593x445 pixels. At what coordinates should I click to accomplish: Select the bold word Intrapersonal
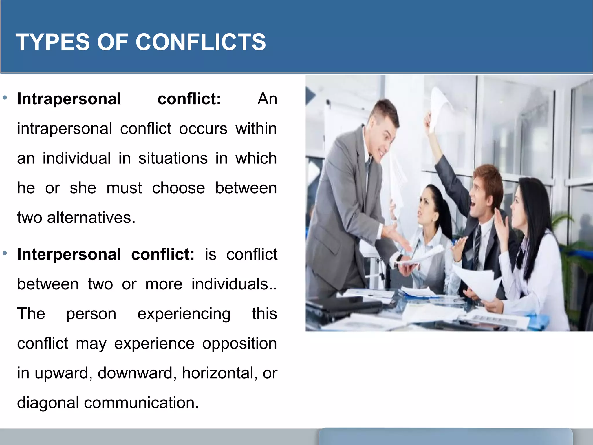pyautogui.click(x=69, y=99)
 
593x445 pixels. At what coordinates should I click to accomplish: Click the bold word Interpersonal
pyautogui.click(x=69, y=254)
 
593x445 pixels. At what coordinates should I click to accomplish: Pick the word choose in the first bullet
pyautogui.click(x=178, y=188)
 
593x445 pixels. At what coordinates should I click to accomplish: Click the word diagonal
pyautogui.click(x=48, y=403)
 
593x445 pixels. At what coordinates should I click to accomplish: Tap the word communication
pyautogui.click(x=141, y=403)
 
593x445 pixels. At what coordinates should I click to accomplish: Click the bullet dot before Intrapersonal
pyautogui.click(x=5, y=98)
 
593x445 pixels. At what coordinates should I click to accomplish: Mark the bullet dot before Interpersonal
pyautogui.click(x=5, y=253)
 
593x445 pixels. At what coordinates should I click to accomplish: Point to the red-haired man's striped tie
pyautogui.click(x=476, y=246)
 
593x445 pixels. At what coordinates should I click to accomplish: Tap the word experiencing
pyautogui.click(x=184, y=314)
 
